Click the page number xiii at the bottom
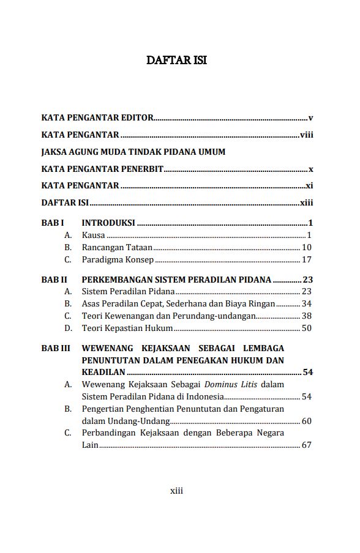[176, 490]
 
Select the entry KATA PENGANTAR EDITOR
[97, 117]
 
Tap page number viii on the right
[306, 135]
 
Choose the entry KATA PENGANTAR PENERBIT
[102, 169]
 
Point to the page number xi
[309, 185]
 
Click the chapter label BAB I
[53, 223]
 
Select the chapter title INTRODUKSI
[108, 223]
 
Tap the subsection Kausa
[93, 235]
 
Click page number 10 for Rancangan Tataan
[307, 247]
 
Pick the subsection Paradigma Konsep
[118, 259]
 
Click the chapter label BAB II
[54, 280]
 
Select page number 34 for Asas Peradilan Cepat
[307, 303]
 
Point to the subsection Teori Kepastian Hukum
[127, 328]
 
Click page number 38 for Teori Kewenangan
[307, 316]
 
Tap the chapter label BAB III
[56, 348]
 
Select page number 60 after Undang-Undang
[307, 421]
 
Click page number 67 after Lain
[307, 445]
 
